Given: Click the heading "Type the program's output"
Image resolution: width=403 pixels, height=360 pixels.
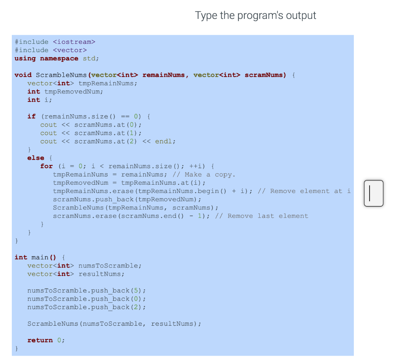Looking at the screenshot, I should click(255, 16).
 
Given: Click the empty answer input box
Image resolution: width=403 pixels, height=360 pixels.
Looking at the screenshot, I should click(373, 193).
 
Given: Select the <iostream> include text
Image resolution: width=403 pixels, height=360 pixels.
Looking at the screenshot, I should click(74, 42).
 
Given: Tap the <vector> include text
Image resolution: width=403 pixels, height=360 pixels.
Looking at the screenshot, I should click(70, 50).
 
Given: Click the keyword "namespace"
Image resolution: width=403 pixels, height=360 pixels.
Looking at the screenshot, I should click(59, 58).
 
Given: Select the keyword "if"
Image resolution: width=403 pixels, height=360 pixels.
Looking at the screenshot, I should click(31, 116).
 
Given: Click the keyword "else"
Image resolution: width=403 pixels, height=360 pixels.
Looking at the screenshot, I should click(35, 158).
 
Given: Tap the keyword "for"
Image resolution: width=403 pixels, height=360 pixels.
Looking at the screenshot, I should click(46, 166).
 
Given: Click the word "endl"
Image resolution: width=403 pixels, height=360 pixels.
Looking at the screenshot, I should click(164, 141).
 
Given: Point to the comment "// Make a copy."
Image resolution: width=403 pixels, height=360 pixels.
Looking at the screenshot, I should click(204, 174).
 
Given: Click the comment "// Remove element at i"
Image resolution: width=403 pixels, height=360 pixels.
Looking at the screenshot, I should click(304, 191).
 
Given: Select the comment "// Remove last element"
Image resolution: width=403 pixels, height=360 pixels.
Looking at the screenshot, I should click(262, 215).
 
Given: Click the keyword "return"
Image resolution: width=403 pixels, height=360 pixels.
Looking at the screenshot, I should click(40, 340).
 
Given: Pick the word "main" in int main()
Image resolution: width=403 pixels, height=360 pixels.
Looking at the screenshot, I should click(39, 257).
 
